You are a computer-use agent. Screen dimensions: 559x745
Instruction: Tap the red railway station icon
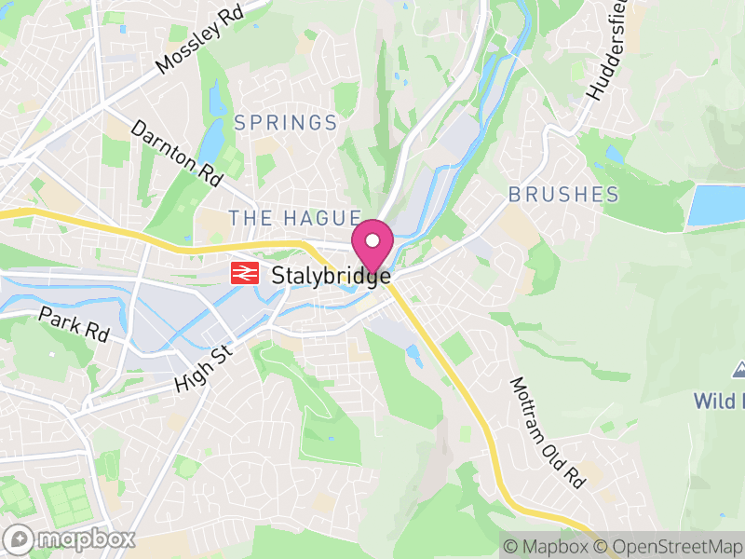(245, 273)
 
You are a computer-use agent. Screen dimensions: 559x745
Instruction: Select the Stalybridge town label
(330, 276)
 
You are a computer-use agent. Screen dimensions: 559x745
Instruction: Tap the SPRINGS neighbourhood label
(285, 123)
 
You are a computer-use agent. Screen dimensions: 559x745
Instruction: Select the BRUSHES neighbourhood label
(563, 195)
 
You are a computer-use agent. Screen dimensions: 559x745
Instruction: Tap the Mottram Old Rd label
(548, 432)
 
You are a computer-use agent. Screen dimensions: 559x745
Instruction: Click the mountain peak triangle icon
(740, 370)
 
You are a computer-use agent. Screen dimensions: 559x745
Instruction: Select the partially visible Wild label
(719, 402)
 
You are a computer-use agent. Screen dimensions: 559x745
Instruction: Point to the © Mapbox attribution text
(547, 547)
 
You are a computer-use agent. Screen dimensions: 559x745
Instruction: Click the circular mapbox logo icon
(20, 539)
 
